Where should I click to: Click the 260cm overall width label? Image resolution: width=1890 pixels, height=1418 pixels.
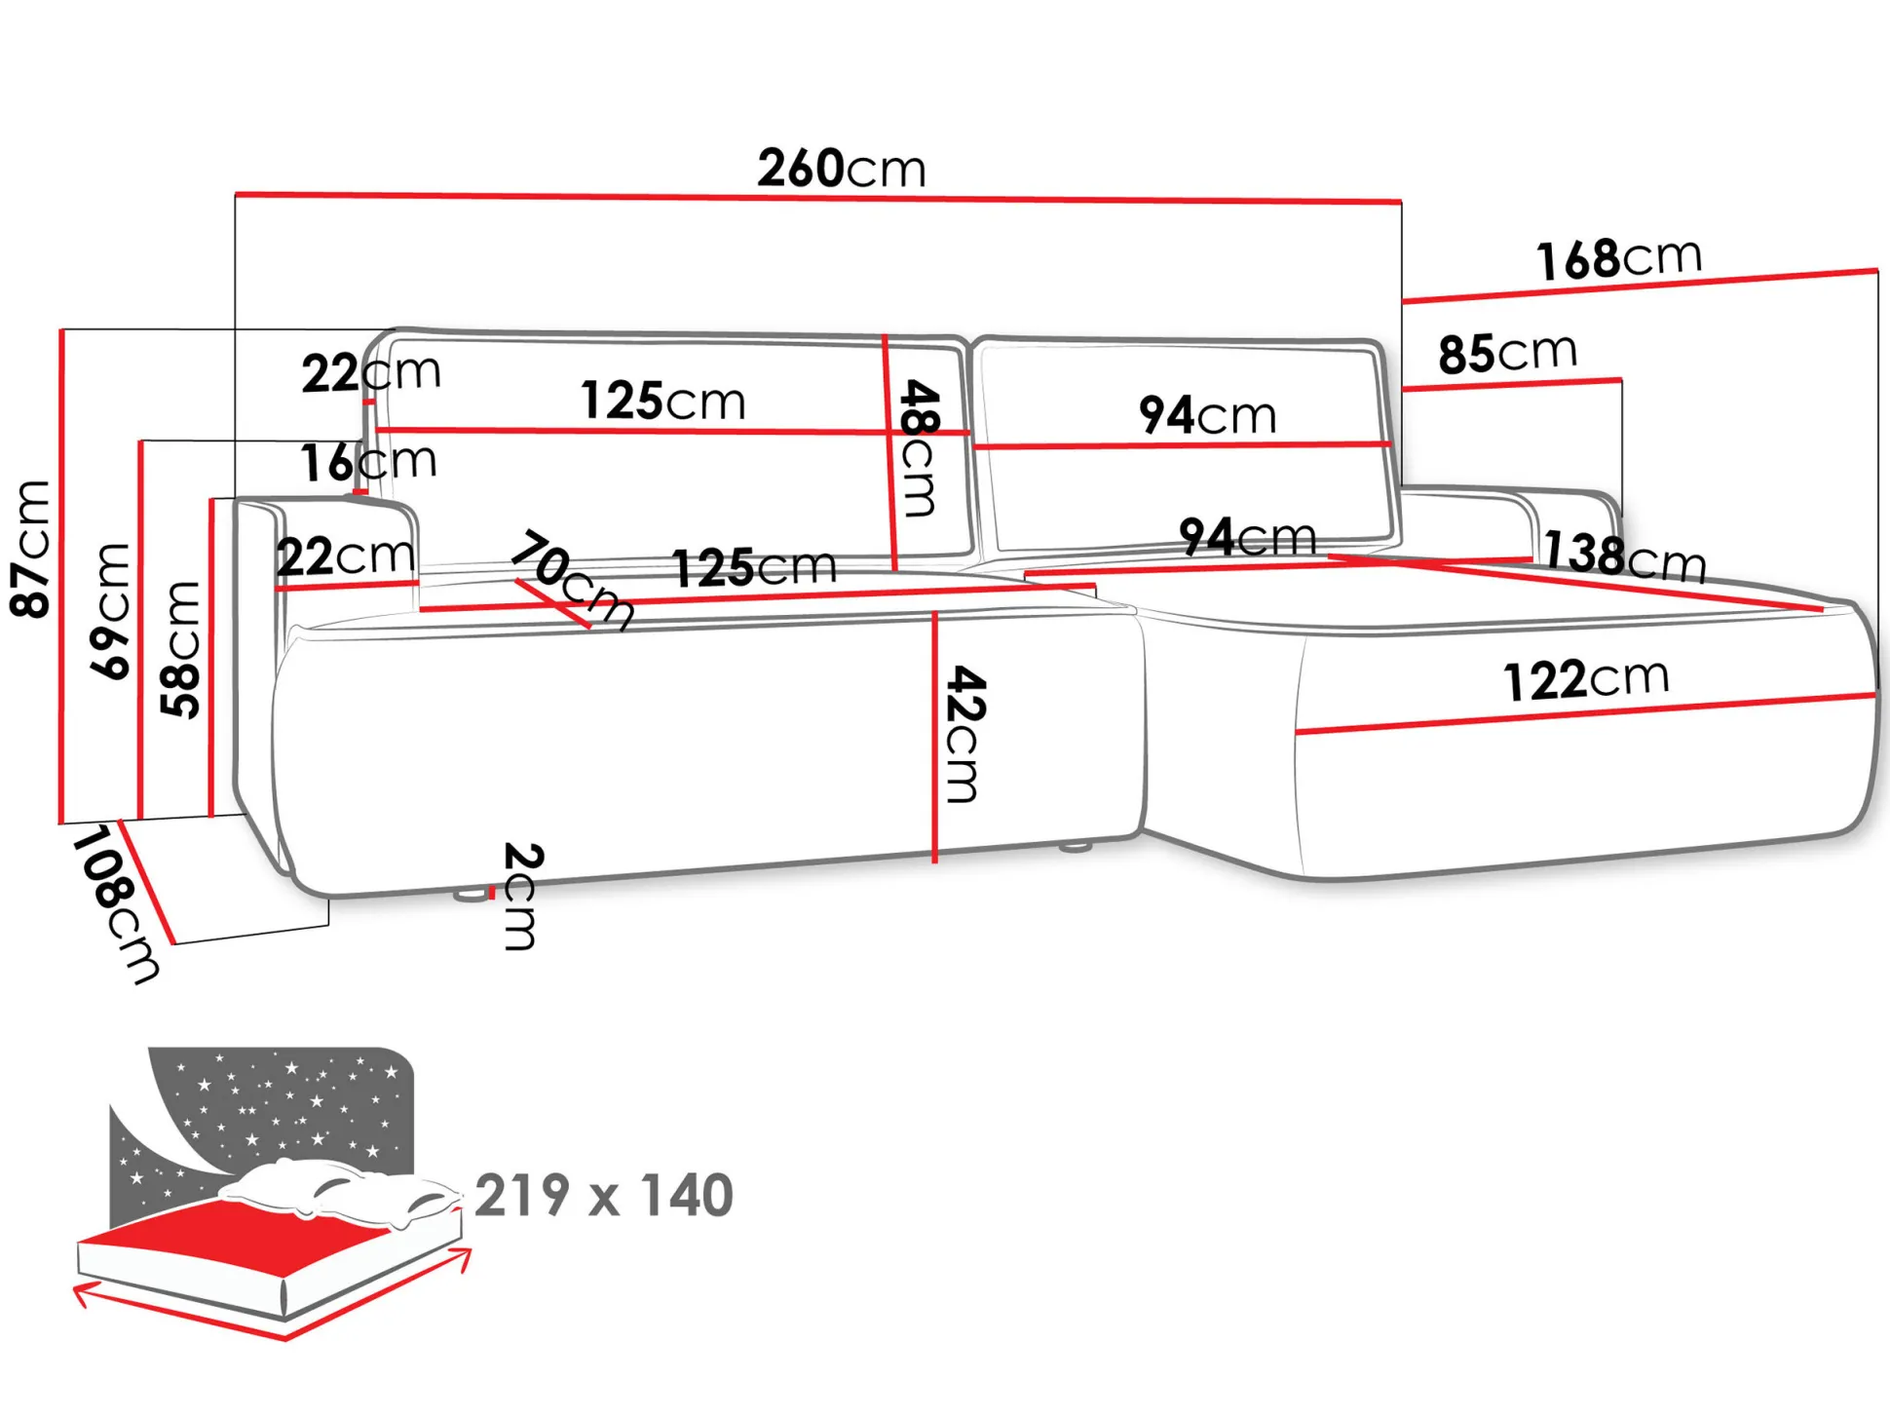point(842,168)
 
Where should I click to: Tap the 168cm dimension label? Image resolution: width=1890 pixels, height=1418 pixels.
point(1619,258)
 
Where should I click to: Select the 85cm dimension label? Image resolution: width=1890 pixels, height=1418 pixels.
point(1507,353)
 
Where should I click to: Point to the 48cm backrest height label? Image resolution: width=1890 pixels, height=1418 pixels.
point(919,447)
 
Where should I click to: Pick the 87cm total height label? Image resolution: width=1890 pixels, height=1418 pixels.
point(30,549)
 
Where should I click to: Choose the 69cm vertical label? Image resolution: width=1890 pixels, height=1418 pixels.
point(110,611)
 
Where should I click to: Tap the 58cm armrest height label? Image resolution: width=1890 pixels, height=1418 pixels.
point(181,650)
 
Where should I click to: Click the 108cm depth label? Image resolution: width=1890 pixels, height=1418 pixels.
point(115,905)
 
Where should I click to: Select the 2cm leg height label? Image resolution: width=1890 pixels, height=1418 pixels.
point(522,897)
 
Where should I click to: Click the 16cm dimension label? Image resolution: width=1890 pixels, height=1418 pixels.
point(368,462)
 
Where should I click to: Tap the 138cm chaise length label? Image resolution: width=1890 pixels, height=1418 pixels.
point(1625,556)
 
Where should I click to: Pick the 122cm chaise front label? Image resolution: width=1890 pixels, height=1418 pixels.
point(1586,679)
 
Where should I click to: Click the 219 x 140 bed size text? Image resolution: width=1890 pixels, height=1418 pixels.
point(604,1195)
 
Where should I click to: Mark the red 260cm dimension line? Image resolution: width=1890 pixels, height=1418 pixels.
point(818,198)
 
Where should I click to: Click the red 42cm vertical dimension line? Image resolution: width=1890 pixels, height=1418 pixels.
point(934,737)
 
